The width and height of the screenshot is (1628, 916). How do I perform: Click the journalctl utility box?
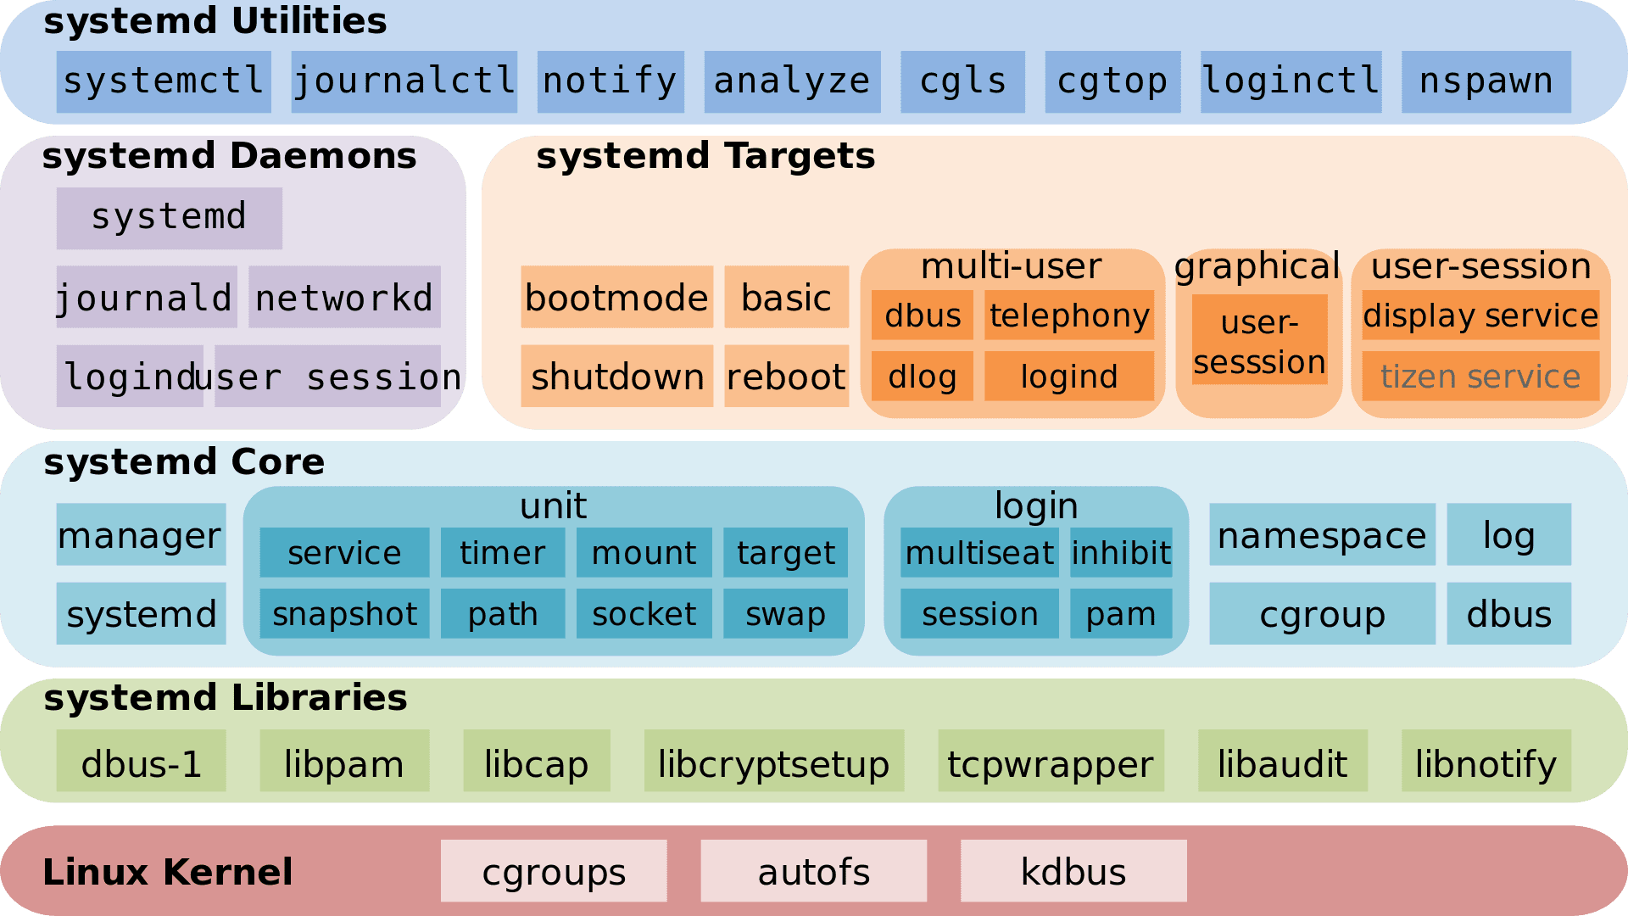tap(404, 81)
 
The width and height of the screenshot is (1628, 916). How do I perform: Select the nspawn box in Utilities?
tap(1486, 81)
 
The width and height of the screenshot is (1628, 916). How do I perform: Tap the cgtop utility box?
tap(1112, 81)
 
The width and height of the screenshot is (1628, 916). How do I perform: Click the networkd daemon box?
tap(344, 297)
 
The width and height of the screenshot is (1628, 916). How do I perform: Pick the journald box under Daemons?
tap(146, 297)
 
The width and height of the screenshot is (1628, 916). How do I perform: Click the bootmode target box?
tap(616, 297)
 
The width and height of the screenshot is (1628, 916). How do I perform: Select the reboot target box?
tap(786, 376)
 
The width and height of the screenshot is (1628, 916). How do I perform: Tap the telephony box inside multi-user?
tap(1068, 315)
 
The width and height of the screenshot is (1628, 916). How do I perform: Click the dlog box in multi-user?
tap(922, 376)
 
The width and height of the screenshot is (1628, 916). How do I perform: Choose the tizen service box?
tap(1480, 376)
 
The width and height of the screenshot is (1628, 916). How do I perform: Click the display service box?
tap(1480, 315)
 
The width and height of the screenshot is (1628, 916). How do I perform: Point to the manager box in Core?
tap(141, 534)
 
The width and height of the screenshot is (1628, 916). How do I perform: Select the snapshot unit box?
tap(344, 613)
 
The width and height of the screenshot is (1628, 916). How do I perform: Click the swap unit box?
tap(785, 613)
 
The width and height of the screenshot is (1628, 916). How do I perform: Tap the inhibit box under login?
tap(1120, 552)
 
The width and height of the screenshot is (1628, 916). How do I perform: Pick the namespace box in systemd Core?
tap(1321, 534)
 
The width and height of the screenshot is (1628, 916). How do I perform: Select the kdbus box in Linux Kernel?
tap(1073, 871)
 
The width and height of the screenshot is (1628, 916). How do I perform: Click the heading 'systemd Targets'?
tap(705, 156)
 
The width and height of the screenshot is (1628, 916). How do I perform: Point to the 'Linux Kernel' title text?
tap(167, 872)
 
